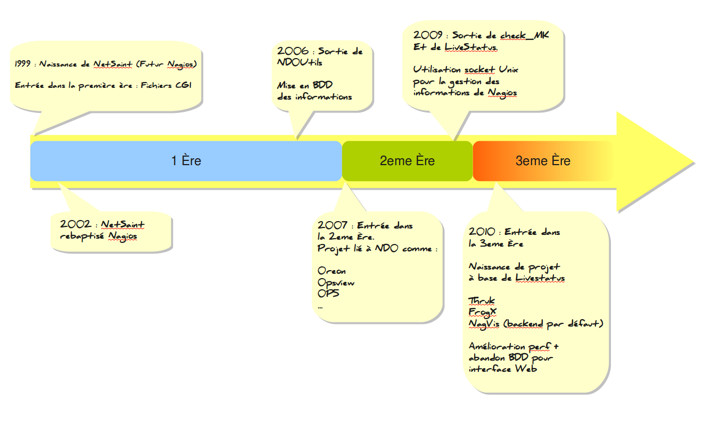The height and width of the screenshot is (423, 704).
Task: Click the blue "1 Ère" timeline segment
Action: point(186,161)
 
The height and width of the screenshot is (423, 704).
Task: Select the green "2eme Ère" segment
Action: point(407,161)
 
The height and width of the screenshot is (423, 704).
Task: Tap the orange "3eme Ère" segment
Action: point(543,161)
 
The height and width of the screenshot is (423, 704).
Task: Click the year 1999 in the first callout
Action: point(23,64)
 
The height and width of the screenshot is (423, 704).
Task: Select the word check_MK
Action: point(524,36)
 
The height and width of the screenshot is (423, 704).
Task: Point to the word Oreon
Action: point(332,271)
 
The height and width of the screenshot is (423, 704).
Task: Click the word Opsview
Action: point(336,282)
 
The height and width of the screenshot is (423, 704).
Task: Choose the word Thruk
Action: point(482,301)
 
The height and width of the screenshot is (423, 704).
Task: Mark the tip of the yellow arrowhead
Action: point(693,161)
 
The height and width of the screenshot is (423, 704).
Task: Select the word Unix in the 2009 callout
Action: point(508,70)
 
